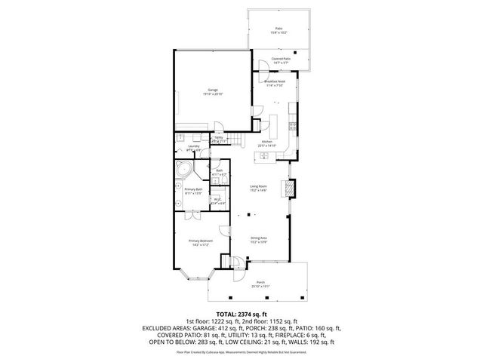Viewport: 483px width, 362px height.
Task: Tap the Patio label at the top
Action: coord(279,29)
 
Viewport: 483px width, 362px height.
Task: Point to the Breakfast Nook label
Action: coord(274,82)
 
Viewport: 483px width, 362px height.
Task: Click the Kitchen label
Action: coord(266,143)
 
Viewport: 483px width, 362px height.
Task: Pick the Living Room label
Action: coord(259,188)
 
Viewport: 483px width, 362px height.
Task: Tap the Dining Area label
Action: coord(259,240)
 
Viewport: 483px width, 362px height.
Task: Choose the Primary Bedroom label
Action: coord(198,242)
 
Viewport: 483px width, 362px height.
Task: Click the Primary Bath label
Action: coord(193,191)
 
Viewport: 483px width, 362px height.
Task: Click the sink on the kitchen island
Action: coord(266,157)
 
